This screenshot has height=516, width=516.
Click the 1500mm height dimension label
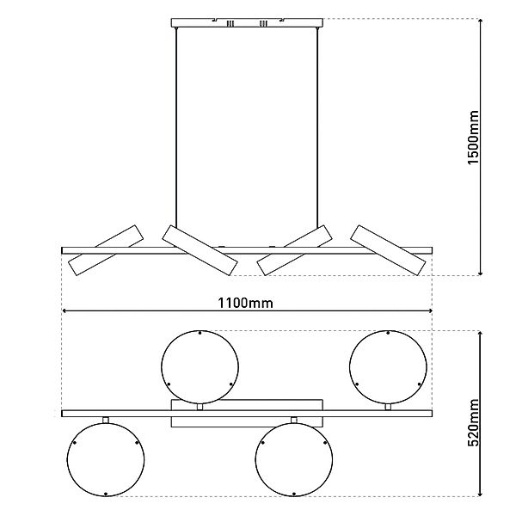pos(473,138)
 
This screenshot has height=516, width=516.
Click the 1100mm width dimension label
pos(245,303)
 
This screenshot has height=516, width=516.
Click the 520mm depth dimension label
pos(473,422)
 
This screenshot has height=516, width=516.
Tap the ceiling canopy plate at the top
pos(247,22)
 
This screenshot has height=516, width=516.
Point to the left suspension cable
pos(176,127)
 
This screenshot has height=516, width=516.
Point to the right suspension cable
pos(317,127)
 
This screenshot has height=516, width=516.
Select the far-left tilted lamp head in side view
pos(106,250)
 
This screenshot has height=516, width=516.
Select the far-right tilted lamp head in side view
pos(389,250)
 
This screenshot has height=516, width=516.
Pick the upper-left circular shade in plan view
pos(200,367)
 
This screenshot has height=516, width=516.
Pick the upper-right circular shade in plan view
pos(388,367)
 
